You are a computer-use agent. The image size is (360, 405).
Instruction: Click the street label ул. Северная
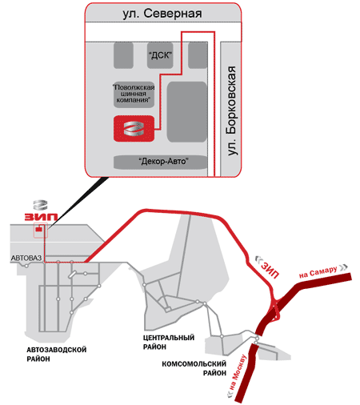click(x=162, y=14)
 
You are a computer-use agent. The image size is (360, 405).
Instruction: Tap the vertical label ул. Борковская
click(x=231, y=110)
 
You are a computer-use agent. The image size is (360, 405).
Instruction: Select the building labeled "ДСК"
click(x=160, y=55)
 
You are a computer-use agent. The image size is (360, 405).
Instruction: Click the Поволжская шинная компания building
click(x=134, y=94)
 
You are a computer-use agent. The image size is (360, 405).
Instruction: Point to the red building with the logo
click(x=134, y=129)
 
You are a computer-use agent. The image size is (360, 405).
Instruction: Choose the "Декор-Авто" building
click(x=161, y=162)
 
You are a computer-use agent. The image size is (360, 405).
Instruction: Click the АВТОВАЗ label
click(x=26, y=259)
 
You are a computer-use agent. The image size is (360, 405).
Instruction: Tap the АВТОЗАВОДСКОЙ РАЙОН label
click(x=57, y=355)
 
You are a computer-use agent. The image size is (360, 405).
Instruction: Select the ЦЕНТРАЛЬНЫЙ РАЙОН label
click(x=169, y=342)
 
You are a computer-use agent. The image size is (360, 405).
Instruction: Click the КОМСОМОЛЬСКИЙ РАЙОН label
click(x=194, y=368)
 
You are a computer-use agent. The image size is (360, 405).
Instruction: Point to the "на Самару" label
click(x=318, y=272)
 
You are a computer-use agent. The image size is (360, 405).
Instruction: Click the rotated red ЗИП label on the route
click(x=270, y=270)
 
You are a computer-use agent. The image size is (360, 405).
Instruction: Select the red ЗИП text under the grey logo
click(x=41, y=217)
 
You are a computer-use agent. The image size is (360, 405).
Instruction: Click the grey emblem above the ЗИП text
click(x=40, y=205)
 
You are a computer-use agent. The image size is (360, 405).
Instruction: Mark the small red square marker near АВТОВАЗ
click(x=39, y=229)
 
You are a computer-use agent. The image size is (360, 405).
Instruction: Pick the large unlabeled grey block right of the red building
click(x=186, y=112)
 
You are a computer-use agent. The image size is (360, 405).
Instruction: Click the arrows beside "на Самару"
click(x=343, y=267)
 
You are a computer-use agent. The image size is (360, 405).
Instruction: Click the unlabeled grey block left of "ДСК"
click(x=123, y=55)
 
